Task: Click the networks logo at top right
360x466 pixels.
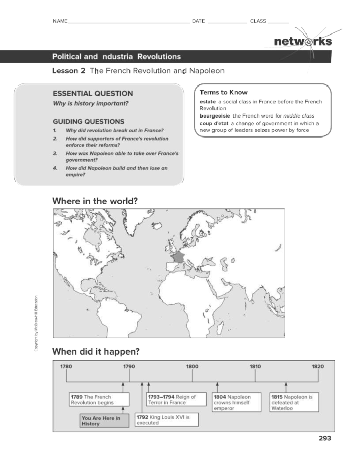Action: click(x=303, y=41)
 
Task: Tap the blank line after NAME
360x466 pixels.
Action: click(x=129, y=22)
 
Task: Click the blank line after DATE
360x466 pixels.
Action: click(x=227, y=22)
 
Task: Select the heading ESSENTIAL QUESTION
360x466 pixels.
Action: click(x=93, y=94)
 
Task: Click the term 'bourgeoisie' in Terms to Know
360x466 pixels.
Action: click(x=214, y=116)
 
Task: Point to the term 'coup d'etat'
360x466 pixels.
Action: click(x=214, y=123)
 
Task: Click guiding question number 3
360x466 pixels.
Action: click(x=122, y=156)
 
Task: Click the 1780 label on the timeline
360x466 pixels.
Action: click(x=66, y=366)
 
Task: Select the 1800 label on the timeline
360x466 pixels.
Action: click(x=192, y=366)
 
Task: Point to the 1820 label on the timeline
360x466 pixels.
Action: click(x=318, y=366)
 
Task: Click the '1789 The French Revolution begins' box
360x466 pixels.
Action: click(x=99, y=400)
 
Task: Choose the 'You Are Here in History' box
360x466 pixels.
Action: click(x=104, y=421)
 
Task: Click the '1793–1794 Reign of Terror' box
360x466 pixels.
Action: click(x=176, y=400)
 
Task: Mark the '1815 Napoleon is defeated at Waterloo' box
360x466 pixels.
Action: click(x=294, y=402)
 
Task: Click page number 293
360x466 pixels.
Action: click(x=325, y=438)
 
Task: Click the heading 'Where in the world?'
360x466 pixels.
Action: click(x=95, y=201)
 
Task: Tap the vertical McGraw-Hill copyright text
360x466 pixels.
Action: click(x=36, y=323)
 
